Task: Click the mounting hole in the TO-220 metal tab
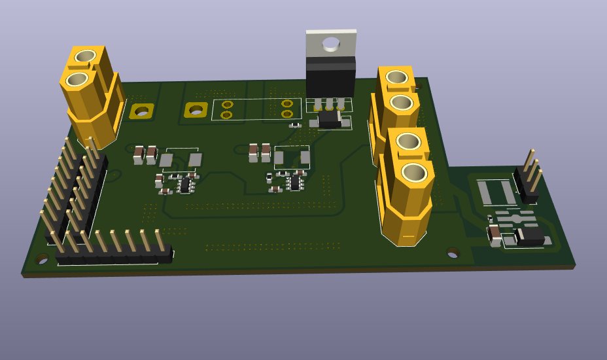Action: (x=331, y=44)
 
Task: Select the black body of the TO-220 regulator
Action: (x=330, y=78)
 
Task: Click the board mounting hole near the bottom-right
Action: (x=453, y=253)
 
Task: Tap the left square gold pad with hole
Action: (x=141, y=111)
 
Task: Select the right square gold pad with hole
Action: (x=196, y=109)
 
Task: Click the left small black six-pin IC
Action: (x=185, y=185)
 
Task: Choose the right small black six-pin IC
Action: (x=296, y=182)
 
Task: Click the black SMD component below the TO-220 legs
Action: (x=330, y=118)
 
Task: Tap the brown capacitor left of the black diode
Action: (x=495, y=234)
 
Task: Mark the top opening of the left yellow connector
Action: (x=86, y=56)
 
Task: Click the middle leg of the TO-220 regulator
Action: (x=329, y=103)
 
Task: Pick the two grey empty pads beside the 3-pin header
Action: (x=496, y=192)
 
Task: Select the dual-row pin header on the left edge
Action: (x=72, y=190)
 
